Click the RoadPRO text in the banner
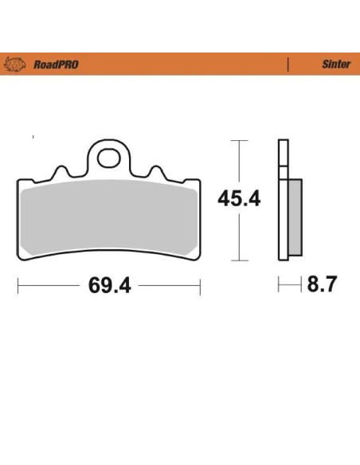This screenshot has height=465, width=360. pyautogui.click(x=56, y=64)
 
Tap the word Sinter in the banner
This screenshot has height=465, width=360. pyautogui.click(x=336, y=64)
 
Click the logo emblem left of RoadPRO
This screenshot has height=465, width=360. pyautogui.click(x=14, y=64)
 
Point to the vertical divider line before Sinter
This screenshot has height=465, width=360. pyautogui.click(x=288, y=64)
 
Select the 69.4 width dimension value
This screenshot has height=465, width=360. pyautogui.click(x=110, y=285)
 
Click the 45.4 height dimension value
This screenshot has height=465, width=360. pyautogui.click(x=239, y=199)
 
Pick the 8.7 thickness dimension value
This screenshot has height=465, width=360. pyautogui.click(x=322, y=284)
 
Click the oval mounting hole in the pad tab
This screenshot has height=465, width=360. pyautogui.click(x=108, y=158)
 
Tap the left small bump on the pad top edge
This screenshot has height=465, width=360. pyautogui.click(x=61, y=171)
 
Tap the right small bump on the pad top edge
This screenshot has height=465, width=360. pyautogui.click(x=156, y=171)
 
